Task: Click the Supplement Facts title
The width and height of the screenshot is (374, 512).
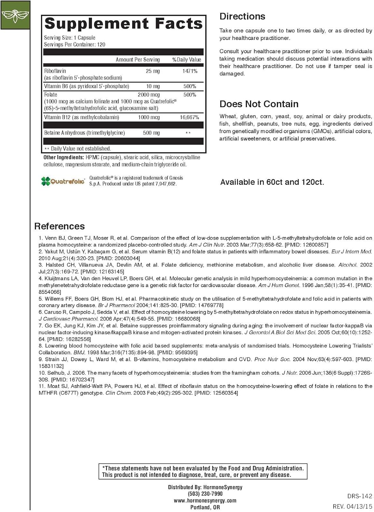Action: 123,24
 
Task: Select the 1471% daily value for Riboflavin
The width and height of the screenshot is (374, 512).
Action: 190,71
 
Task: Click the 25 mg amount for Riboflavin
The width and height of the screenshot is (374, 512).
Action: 153,71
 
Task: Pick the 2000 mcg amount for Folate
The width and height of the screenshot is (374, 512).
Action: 149,95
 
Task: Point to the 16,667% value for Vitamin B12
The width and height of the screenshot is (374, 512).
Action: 190,117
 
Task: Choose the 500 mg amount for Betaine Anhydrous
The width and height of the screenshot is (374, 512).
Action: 151,133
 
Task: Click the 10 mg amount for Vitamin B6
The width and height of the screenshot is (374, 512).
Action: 153,86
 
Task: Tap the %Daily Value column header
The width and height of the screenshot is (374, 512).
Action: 187,60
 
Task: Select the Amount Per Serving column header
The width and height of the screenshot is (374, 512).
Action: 138,60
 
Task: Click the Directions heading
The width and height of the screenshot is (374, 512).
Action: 242,16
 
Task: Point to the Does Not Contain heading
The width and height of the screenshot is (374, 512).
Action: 259,104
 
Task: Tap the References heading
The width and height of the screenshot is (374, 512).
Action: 59,226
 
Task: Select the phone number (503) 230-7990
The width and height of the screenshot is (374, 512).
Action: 205,494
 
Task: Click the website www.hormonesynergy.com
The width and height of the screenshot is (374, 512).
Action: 205,500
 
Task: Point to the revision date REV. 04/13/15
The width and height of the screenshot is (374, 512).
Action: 352,507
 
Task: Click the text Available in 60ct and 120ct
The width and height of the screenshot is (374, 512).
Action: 272,182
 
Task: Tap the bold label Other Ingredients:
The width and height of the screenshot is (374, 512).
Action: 64,157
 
